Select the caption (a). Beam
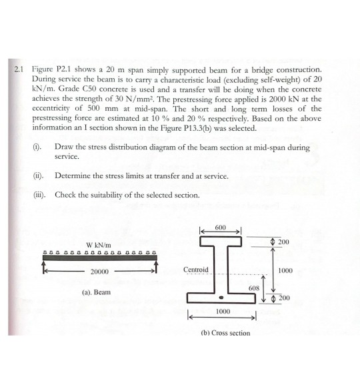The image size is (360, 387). point(97,292)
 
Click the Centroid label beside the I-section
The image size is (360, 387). point(196,270)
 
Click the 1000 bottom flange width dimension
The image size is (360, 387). point(221,312)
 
